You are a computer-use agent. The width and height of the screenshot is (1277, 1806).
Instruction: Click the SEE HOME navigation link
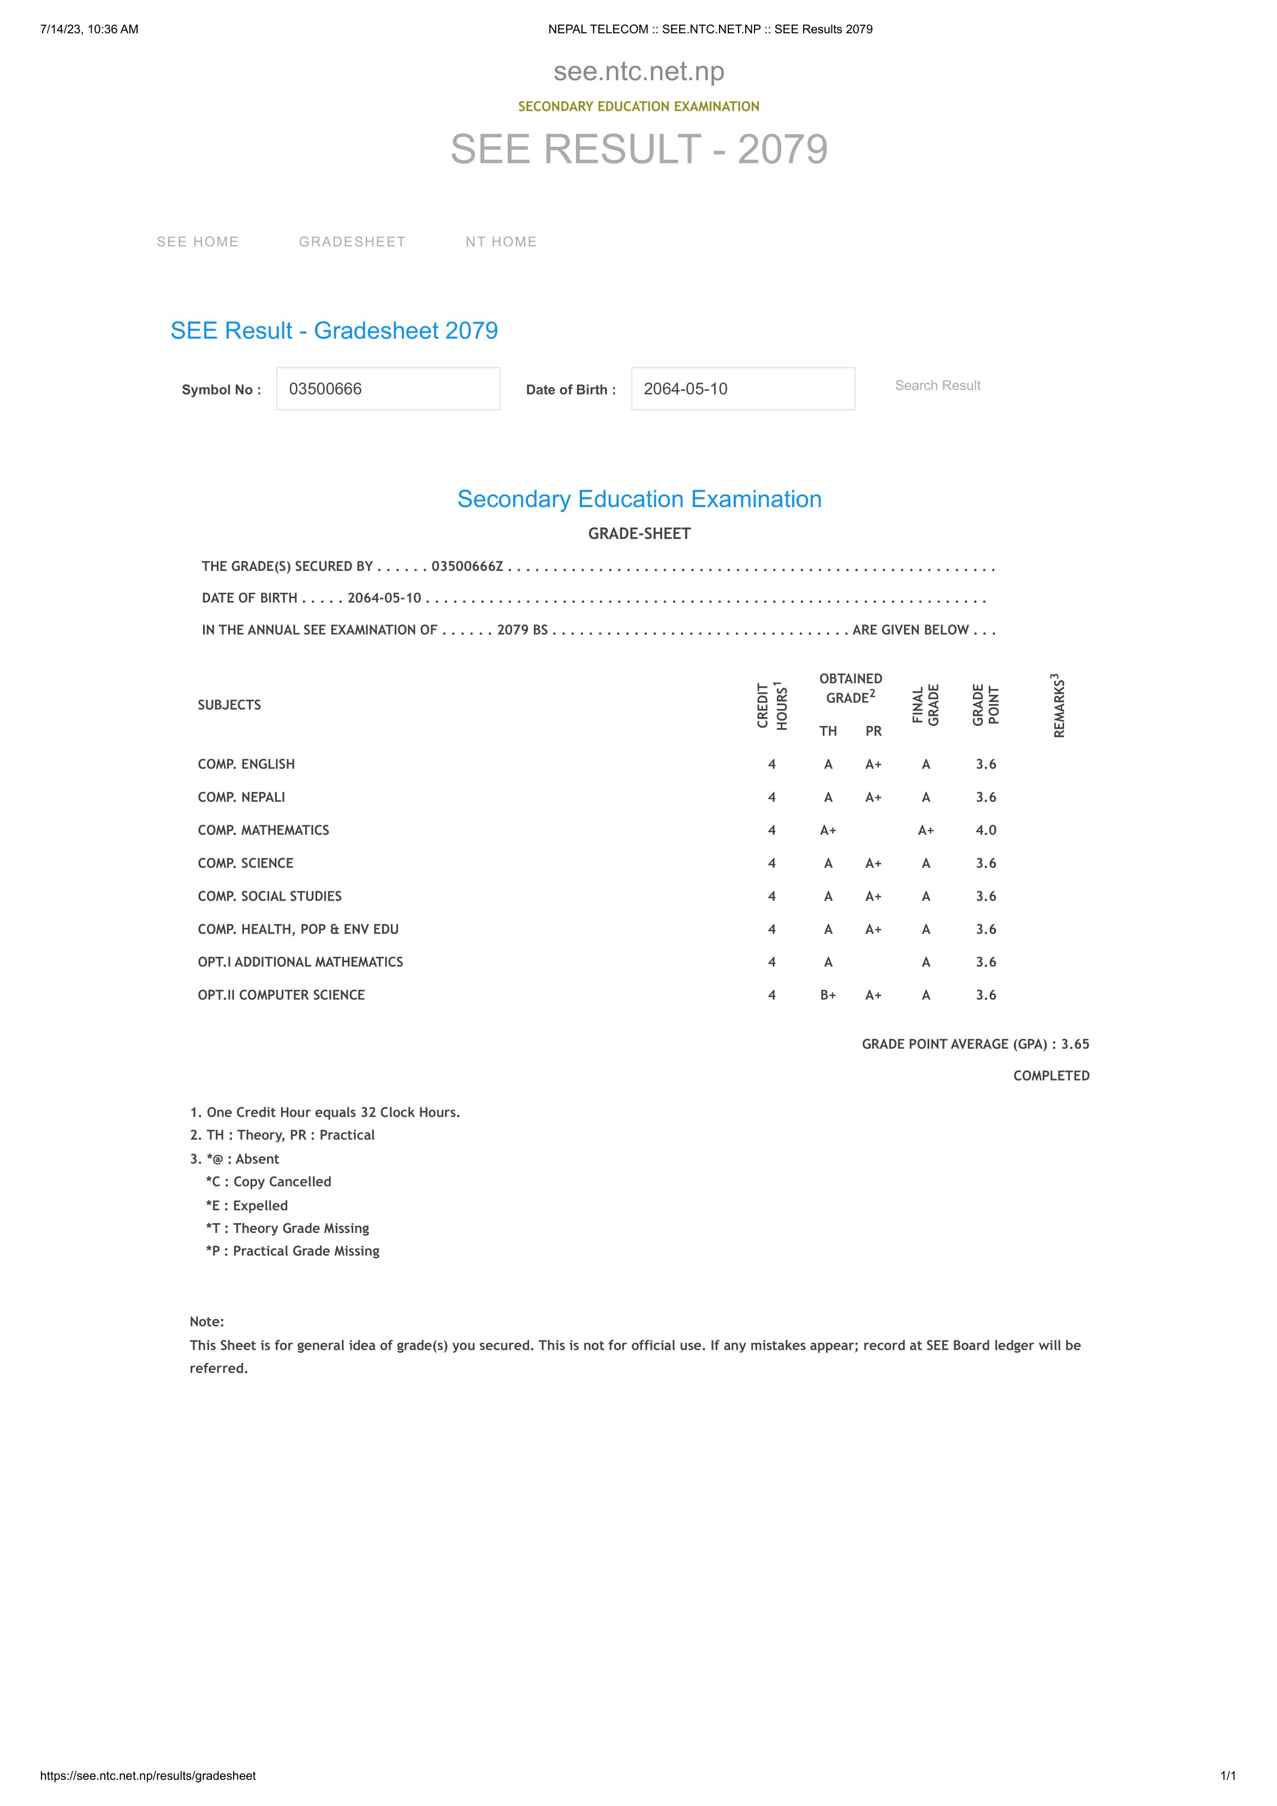coord(198,241)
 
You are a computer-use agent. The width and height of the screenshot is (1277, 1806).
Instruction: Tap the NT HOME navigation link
coord(501,241)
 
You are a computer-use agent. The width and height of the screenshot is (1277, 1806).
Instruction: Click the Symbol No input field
coord(388,389)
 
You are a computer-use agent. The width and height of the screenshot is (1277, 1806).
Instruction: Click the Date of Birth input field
coord(743,389)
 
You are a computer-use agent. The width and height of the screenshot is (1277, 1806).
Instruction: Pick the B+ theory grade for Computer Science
coord(828,995)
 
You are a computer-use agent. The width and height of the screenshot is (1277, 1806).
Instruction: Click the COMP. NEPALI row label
coord(241,797)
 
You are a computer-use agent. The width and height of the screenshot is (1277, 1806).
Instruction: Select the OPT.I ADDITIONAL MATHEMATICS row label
coord(301,962)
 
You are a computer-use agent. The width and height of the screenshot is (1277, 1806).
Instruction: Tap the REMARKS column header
coord(1059,706)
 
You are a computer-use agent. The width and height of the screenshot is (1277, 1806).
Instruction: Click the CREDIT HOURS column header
coord(772,706)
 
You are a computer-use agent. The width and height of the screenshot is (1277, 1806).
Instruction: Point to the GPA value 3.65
coord(1075,1044)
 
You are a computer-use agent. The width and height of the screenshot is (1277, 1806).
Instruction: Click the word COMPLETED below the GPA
coord(1051,1075)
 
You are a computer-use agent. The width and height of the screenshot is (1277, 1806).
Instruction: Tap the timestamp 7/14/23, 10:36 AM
coord(89,29)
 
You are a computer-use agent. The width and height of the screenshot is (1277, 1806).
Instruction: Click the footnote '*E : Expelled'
coord(247,1205)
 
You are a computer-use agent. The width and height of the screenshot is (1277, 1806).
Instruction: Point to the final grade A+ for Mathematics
coord(926,830)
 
